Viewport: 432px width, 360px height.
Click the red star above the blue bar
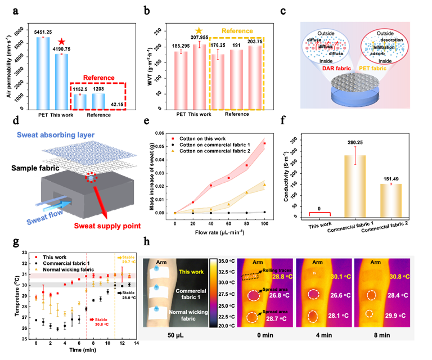[x=61, y=42]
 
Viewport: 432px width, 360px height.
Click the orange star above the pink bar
[x=198, y=31]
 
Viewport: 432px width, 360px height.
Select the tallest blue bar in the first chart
[x=43, y=73]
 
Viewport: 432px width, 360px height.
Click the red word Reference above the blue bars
[x=98, y=78]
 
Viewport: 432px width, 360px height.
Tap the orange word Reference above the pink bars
[x=237, y=31]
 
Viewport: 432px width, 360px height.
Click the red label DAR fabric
[x=328, y=68]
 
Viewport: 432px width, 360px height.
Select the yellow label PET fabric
[x=382, y=68]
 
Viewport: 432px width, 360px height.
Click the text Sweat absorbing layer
[x=56, y=134]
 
